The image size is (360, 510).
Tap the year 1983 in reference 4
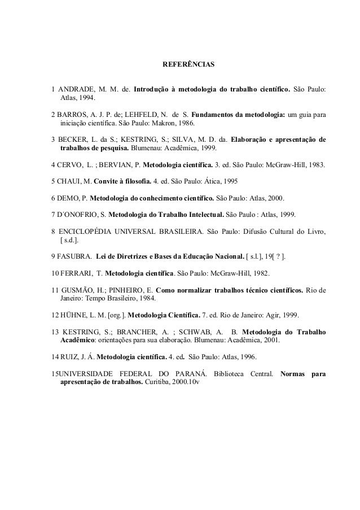(322, 165)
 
